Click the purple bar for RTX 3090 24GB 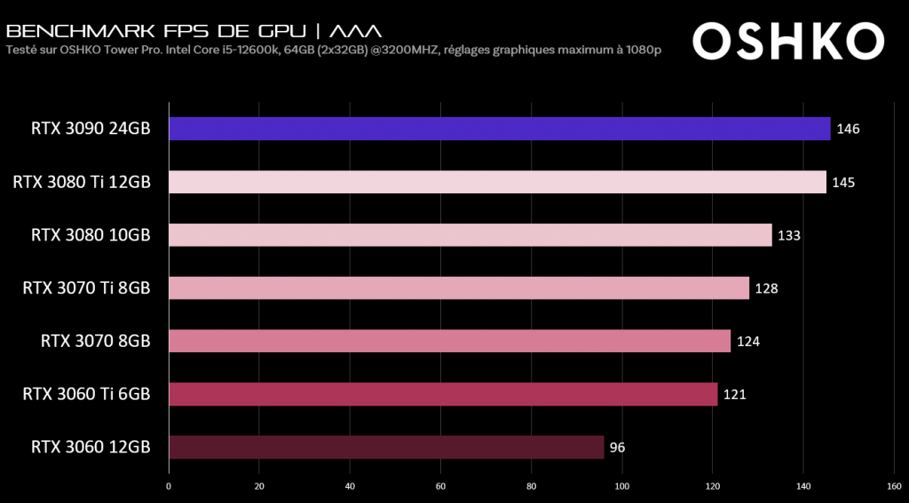[499, 129]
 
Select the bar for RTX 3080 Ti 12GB [497, 182]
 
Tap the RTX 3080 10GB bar [470, 235]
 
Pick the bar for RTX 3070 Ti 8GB [458, 288]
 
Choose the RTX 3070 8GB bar [449, 341]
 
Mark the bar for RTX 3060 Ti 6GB [442, 394]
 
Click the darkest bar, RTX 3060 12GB [386, 447]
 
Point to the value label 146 [848, 130]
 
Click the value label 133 [789, 236]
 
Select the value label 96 [617, 448]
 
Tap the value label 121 [734, 395]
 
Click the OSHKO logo [788, 41]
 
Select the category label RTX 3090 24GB [86, 129]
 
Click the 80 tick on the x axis [531, 486]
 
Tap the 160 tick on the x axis [894, 486]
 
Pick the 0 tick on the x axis [169, 486]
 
